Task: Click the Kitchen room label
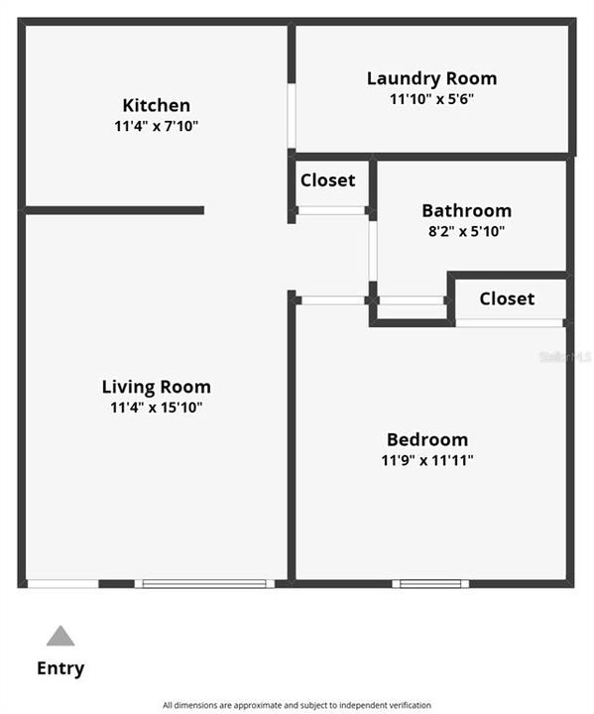pyautogui.click(x=156, y=105)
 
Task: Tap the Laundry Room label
pyautogui.click(x=431, y=78)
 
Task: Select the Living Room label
pyautogui.click(x=156, y=387)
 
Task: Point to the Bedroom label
pyautogui.click(x=426, y=439)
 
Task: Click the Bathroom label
pyautogui.click(x=466, y=210)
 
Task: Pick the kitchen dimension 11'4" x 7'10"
pyautogui.click(x=156, y=126)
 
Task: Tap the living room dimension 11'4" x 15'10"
pyautogui.click(x=156, y=407)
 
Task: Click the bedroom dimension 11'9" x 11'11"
pyautogui.click(x=426, y=460)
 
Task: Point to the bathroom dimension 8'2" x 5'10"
pyautogui.click(x=466, y=231)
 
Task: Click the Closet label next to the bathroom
pyautogui.click(x=327, y=180)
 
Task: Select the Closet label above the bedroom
pyautogui.click(x=507, y=298)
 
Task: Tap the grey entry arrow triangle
pyautogui.click(x=60, y=636)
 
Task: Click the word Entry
pyautogui.click(x=60, y=668)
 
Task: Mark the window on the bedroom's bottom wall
pyautogui.click(x=430, y=583)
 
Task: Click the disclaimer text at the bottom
pyautogui.click(x=297, y=705)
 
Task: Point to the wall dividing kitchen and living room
pyautogui.click(x=114, y=210)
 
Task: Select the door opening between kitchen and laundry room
pyautogui.click(x=292, y=116)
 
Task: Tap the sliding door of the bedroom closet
pyautogui.click(x=509, y=322)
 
